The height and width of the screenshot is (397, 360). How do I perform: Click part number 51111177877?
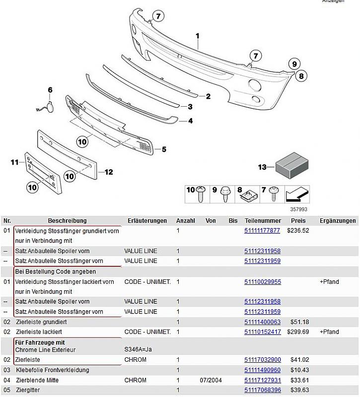pyautogui.click(x=262, y=231)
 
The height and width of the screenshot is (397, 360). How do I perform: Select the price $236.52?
pyautogui.click(x=297, y=231)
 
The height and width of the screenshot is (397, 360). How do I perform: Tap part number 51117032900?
pyautogui.click(x=262, y=360)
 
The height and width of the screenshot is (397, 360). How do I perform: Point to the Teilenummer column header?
pyautogui.click(x=263, y=221)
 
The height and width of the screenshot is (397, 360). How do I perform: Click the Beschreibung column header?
pyautogui.click(x=67, y=221)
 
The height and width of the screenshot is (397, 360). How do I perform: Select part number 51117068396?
pyautogui.click(x=262, y=390)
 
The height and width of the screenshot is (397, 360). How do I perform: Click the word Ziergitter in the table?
pyautogui.click(x=28, y=390)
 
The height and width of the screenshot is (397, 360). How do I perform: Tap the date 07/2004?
pyautogui.click(x=211, y=380)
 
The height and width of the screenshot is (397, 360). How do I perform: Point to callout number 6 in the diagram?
pyautogui.click(x=50, y=90)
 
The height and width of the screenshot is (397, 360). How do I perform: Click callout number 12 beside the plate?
pyautogui.click(x=108, y=172)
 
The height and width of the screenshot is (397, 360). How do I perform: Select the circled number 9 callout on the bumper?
pyautogui.click(x=294, y=64)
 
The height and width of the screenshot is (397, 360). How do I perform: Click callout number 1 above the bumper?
pyautogui.click(x=197, y=36)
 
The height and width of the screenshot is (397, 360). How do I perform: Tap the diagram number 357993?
pyautogui.click(x=298, y=209)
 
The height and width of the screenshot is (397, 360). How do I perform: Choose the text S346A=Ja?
pyautogui.click(x=138, y=349)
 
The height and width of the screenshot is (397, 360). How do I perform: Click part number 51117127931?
pyautogui.click(x=262, y=380)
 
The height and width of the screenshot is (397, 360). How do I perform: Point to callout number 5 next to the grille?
pyautogui.click(x=163, y=149)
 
